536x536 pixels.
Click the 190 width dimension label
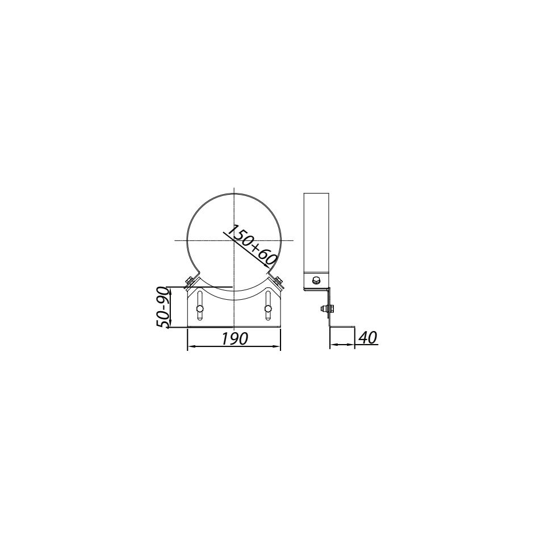[234, 338]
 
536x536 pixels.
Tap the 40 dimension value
[367, 337]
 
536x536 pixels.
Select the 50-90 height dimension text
[163, 307]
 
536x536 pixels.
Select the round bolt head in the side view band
[316, 280]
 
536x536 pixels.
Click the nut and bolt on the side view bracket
[325, 309]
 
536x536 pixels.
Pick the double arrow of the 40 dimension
[342, 345]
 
